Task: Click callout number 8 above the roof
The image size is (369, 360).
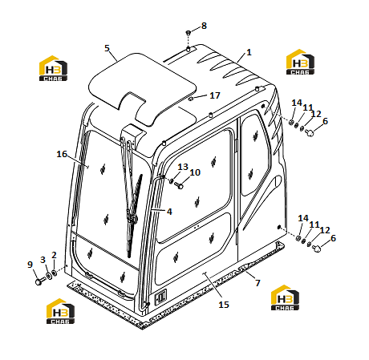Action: tap(204, 26)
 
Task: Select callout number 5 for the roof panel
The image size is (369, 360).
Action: tap(107, 48)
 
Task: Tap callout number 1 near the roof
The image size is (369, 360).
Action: tap(249, 52)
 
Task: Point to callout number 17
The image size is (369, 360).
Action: tap(215, 95)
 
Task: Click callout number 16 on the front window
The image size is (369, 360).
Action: tap(62, 154)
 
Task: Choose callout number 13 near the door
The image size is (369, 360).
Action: tap(183, 167)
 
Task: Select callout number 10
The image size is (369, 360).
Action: tap(195, 172)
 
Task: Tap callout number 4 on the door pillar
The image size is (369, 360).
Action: tap(169, 212)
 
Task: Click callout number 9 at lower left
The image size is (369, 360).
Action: tap(30, 265)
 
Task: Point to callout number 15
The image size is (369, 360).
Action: tap(224, 305)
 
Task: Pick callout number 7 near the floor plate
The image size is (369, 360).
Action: tap(257, 282)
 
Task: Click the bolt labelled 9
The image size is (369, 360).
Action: tap(39, 281)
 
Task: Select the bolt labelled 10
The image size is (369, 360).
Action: tap(179, 185)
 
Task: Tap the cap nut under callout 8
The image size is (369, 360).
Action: tap(189, 33)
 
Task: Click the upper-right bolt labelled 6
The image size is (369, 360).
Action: tap(310, 132)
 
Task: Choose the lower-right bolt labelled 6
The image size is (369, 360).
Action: tap(317, 249)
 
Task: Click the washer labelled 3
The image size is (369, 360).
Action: tap(49, 276)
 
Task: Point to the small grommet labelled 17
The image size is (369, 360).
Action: tap(191, 99)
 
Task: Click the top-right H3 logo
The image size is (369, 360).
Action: tap(300, 62)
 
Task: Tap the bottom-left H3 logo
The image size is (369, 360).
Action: tap(60, 311)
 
